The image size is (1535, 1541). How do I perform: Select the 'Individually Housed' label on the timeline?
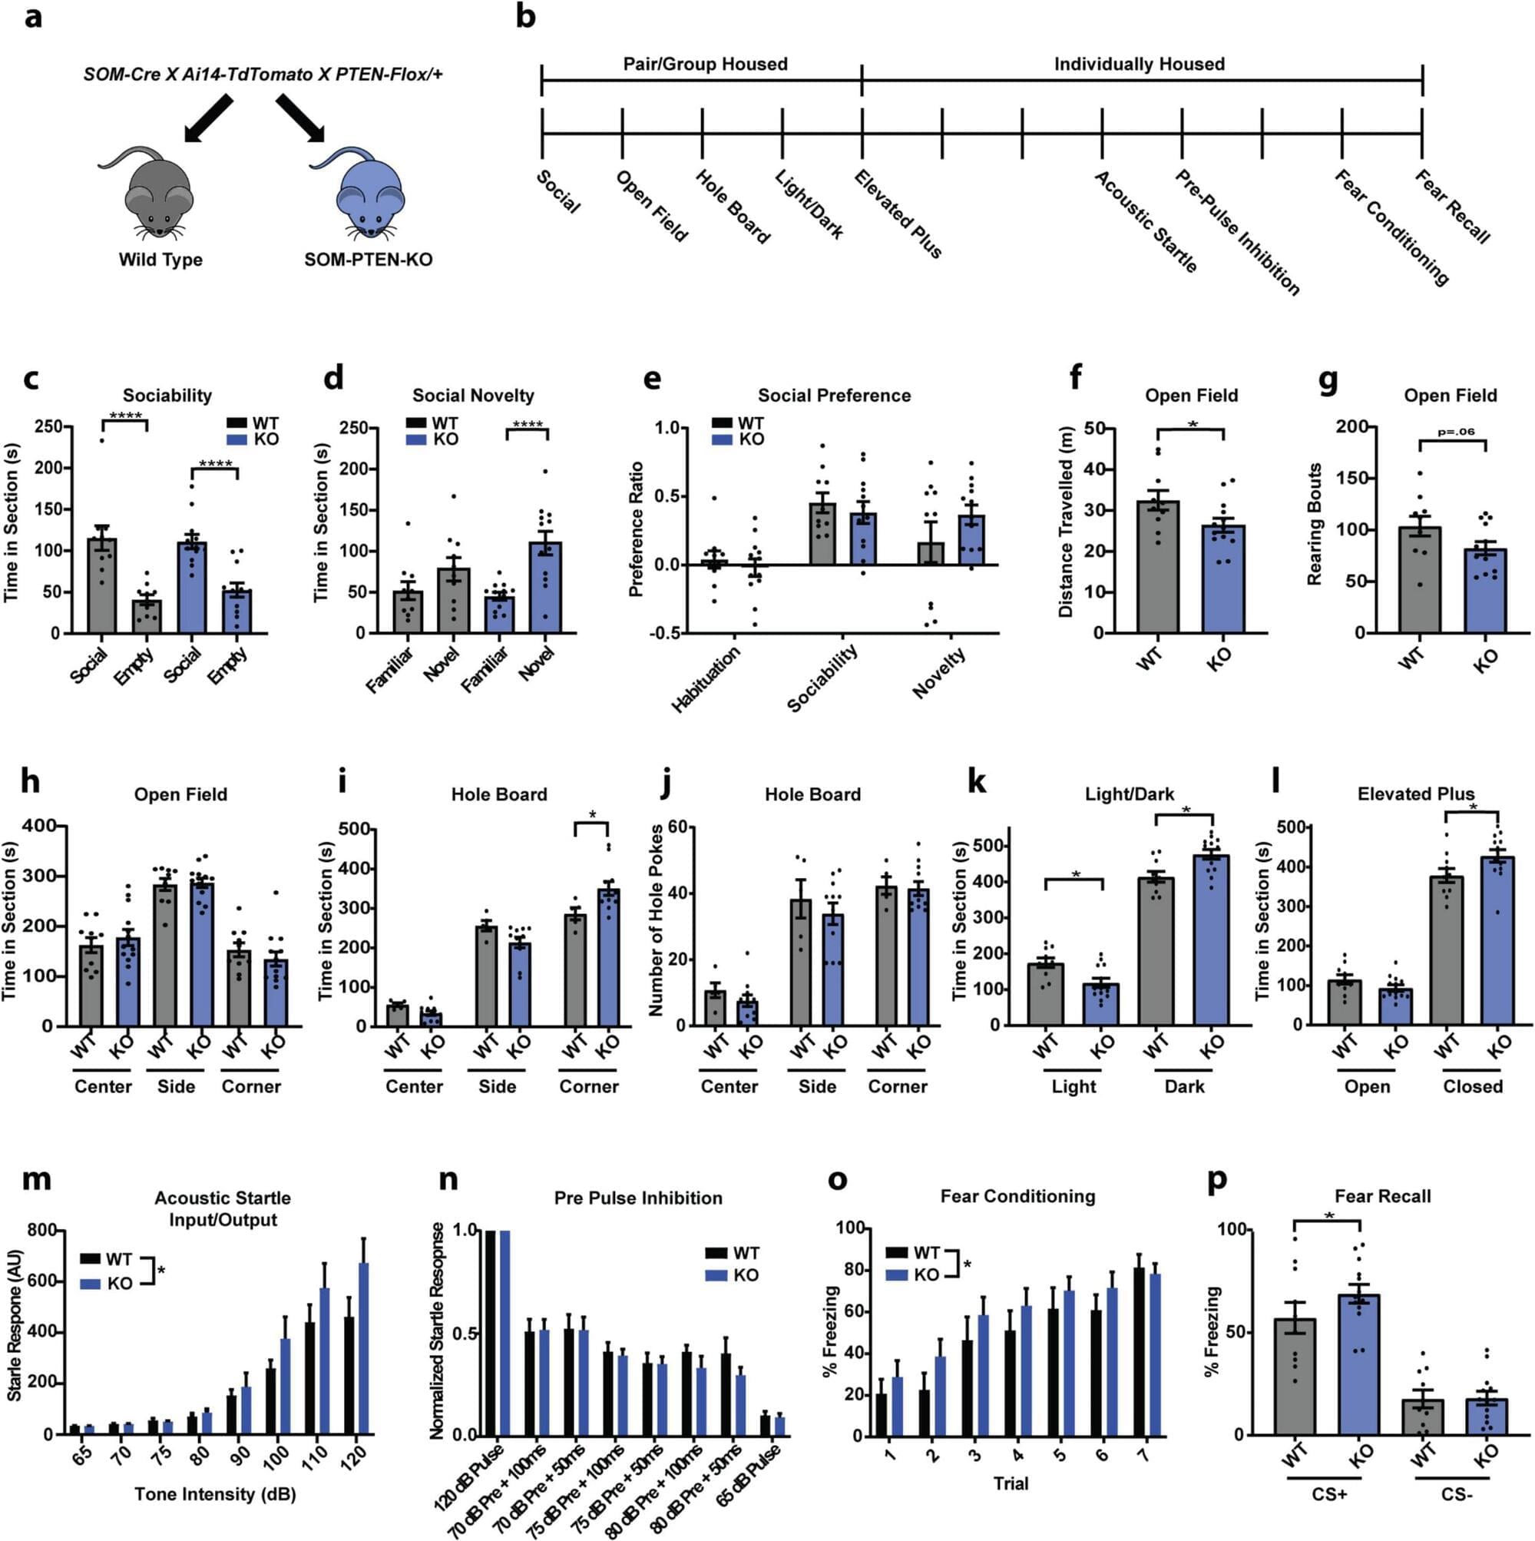pyautogui.click(x=1139, y=65)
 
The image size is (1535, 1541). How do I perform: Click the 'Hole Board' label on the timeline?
pyautogui.click(x=732, y=207)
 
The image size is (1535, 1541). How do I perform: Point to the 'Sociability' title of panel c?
pyautogui.click(x=167, y=396)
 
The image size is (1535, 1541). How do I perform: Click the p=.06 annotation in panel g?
pyautogui.click(x=1455, y=432)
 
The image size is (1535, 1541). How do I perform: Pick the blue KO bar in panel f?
pyautogui.click(x=1224, y=578)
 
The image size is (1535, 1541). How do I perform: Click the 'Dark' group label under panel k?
pyautogui.click(x=1184, y=1086)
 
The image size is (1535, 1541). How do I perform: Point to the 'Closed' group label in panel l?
pyautogui.click(x=1472, y=1086)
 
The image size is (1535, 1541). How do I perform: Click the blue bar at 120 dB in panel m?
pyautogui.click(x=364, y=1348)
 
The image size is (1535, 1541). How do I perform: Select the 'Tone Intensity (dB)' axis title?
pyautogui.click(x=215, y=1494)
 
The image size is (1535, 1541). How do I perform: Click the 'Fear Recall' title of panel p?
pyautogui.click(x=1382, y=1196)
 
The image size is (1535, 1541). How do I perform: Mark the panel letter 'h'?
pyautogui.click(x=29, y=782)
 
